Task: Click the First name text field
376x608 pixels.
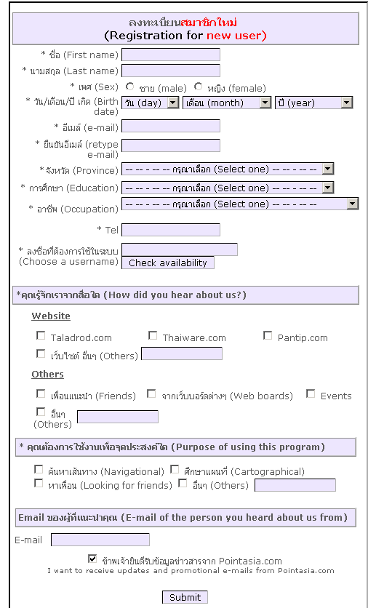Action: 171,55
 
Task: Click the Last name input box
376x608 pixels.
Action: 171,71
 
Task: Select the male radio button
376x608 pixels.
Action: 130,87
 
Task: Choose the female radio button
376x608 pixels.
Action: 198,87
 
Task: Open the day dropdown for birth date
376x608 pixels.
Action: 151,103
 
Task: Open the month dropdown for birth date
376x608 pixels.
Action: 227,103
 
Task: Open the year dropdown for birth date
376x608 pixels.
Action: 313,103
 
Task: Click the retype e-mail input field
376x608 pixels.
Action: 171,145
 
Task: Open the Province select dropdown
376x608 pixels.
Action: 228,169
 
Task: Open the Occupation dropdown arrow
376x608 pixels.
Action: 352,204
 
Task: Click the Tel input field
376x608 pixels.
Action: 171,230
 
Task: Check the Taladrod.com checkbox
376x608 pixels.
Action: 41,335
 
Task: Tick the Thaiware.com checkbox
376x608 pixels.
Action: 153,335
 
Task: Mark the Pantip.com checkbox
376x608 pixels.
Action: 268,335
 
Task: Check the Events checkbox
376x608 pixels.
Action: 311,394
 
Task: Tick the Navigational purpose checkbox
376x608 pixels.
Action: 39,470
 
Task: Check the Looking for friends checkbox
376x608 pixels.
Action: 39,483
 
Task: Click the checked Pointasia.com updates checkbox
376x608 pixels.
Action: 92,559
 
